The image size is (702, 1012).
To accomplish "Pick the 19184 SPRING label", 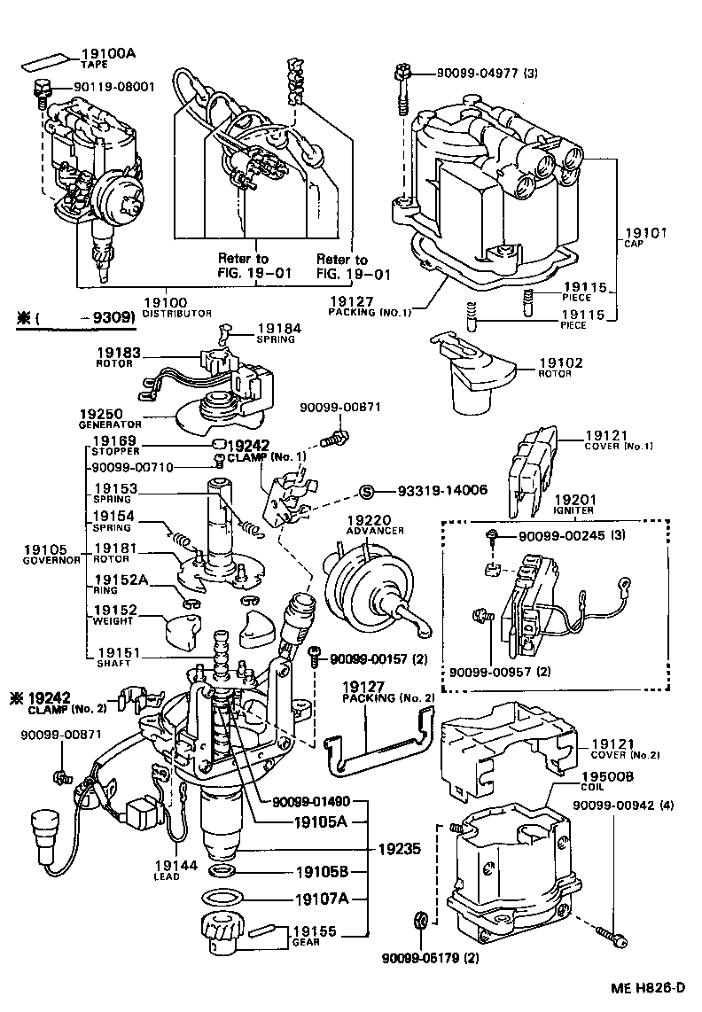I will pos(277,332).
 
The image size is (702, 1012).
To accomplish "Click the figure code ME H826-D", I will pos(648,987).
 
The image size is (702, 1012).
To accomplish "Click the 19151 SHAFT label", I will pos(116,656).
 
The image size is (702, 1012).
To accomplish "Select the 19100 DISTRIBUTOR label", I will pos(177,306).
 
